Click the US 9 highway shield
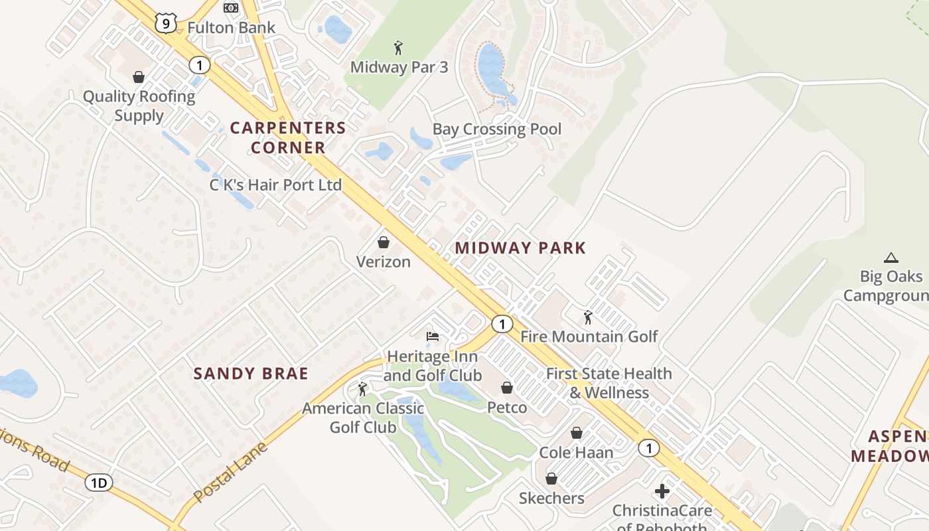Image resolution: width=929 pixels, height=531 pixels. click(165, 23)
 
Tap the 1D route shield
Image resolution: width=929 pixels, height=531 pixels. click(98, 483)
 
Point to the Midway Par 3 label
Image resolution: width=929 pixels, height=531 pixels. click(399, 67)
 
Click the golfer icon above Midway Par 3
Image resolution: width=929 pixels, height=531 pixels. click(398, 48)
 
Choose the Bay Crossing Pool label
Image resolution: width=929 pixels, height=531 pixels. click(496, 129)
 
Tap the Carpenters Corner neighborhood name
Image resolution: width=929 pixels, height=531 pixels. click(288, 137)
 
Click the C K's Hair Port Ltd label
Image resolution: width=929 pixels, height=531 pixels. click(275, 185)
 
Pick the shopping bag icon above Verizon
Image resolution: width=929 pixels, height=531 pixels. click(383, 242)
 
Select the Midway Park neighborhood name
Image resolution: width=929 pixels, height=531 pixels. click(520, 248)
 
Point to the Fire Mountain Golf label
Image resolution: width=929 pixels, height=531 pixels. click(589, 337)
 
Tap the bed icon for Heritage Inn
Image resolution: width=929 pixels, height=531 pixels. click(433, 337)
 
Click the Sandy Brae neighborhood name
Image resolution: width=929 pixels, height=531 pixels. click(251, 374)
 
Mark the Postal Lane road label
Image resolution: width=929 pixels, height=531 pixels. click(230, 472)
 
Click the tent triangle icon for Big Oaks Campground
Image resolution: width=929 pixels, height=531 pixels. click(891, 258)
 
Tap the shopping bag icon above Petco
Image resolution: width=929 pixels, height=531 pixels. click(507, 388)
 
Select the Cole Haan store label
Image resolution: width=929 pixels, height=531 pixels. click(576, 452)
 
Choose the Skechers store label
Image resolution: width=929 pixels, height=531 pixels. click(551, 498)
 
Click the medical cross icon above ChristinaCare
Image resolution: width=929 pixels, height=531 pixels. click(662, 491)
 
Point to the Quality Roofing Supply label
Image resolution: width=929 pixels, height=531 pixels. click(139, 106)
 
